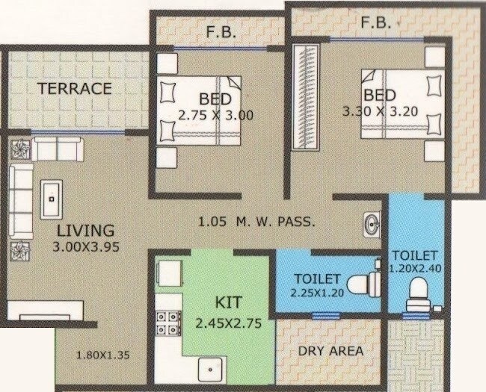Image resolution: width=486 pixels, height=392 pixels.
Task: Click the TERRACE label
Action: (x=75, y=88)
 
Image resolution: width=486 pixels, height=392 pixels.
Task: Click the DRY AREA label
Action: (x=330, y=350)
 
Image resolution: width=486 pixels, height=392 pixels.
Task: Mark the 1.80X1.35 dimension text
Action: (x=103, y=355)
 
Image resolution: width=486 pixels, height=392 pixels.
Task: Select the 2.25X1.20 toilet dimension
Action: (x=319, y=292)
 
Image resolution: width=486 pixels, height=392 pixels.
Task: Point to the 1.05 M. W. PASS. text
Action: (x=256, y=222)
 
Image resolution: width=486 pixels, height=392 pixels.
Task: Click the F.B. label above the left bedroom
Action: (x=221, y=32)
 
